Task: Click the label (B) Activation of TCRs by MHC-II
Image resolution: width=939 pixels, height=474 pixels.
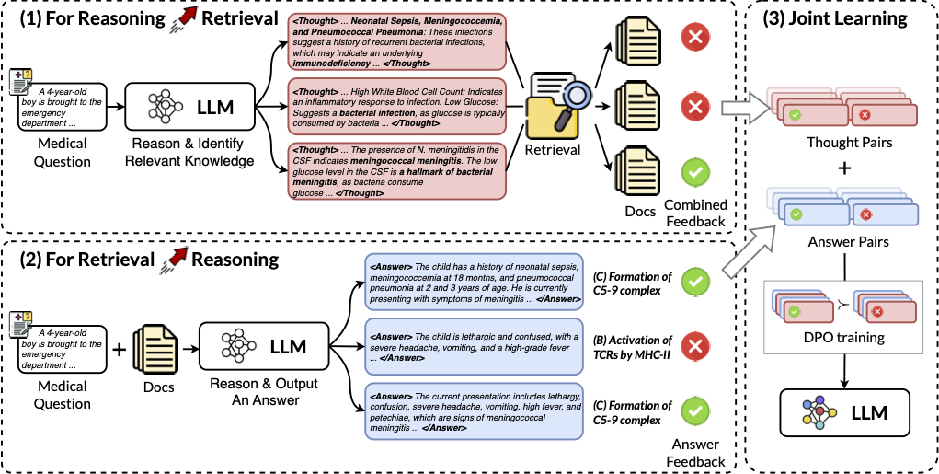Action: tap(634, 347)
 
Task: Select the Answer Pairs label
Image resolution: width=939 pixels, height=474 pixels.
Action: tap(842, 242)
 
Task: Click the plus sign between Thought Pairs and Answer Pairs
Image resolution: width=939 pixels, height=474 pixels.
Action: tap(842, 168)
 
